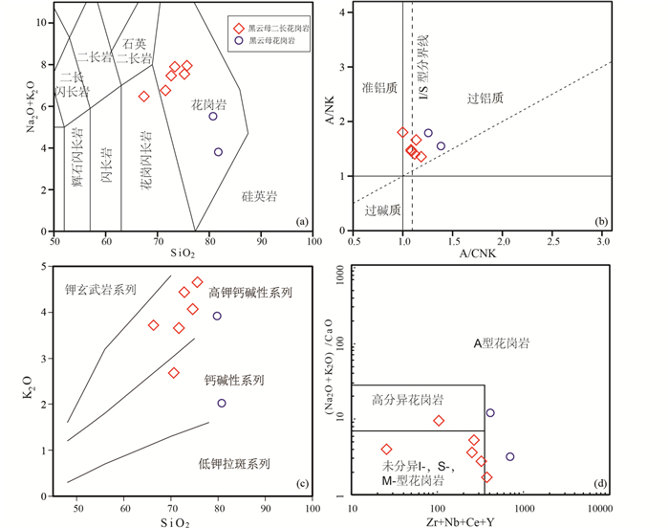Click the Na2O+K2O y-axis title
(28, 119)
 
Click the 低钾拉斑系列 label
(234, 464)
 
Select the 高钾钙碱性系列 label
(250, 293)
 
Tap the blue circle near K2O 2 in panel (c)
(222, 404)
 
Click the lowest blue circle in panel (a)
(218, 152)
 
